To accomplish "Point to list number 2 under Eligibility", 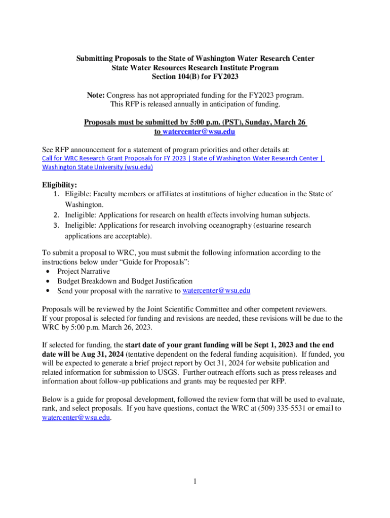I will [x=58, y=215].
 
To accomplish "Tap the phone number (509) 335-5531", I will [x=282, y=409].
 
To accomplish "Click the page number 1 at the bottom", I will [x=194, y=481].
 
